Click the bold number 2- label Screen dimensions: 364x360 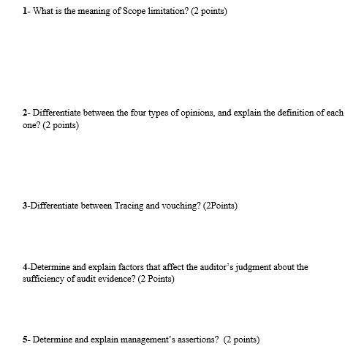26,113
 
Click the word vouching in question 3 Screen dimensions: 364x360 181,206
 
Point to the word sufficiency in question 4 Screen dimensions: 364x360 44,279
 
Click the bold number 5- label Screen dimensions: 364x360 26,340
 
